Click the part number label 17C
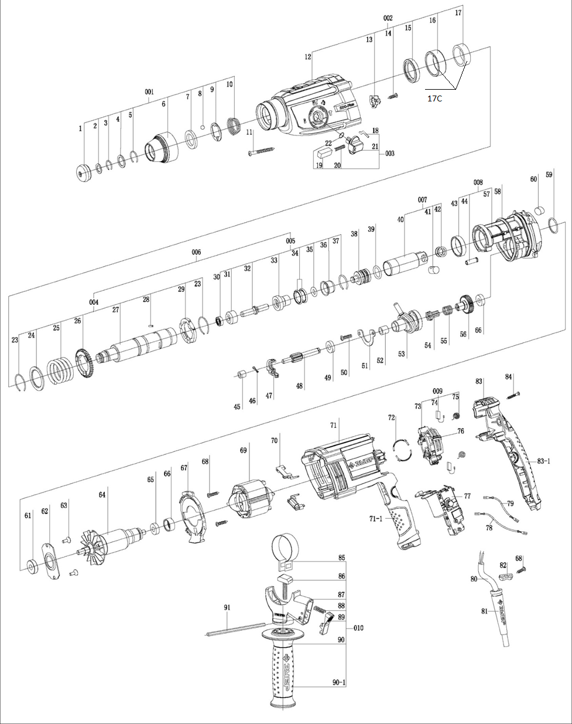[434, 98]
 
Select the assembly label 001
[149, 92]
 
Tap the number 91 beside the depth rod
[227, 607]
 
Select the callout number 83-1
[544, 461]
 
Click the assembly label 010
[358, 628]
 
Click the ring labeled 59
[554, 222]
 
